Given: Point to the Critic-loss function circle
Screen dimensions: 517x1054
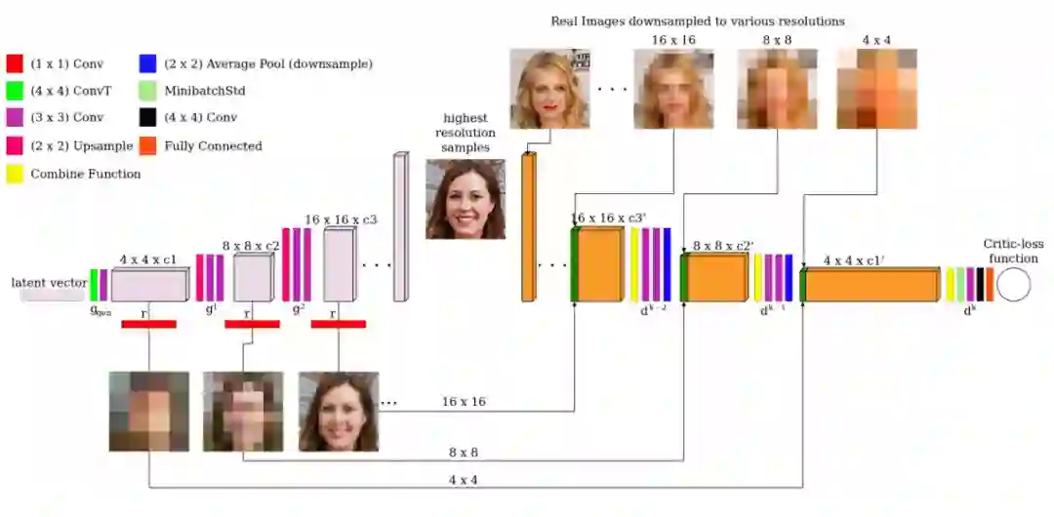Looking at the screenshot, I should pyautogui.click(x=1013, y=284).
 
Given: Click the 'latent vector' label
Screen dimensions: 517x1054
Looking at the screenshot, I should pyautogui.click(x=49, y=283).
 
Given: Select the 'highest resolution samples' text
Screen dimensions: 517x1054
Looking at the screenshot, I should pyautogui.click(x=465, y=133).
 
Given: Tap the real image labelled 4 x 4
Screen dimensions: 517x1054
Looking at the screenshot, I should pyautogui.click(x=876, y=89).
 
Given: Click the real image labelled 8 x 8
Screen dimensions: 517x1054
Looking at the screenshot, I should pyautogui.click(x=777, y=89).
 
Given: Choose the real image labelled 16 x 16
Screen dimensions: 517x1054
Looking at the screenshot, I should pyautogui.click(x=673, y=89).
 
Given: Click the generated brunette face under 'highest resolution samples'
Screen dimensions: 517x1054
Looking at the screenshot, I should pyautogui.click(x=466, y=199).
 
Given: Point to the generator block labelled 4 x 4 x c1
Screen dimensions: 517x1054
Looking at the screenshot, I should pyautogui.click(x=148, y=285).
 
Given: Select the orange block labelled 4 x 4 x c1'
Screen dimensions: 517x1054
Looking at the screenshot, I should pyautogui.click(x=872, y=285).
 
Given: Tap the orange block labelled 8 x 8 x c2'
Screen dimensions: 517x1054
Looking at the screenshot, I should pyautogui.click(x=718, y=277).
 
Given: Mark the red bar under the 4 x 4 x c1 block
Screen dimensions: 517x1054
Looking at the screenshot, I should pyautogui.click(x=148, y=324).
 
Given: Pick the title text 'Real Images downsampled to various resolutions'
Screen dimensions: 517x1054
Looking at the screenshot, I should pyautogui.click(x=697, y=20).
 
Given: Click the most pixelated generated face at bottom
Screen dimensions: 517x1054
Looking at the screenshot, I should pyautogui.click(x=148, y=412).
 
